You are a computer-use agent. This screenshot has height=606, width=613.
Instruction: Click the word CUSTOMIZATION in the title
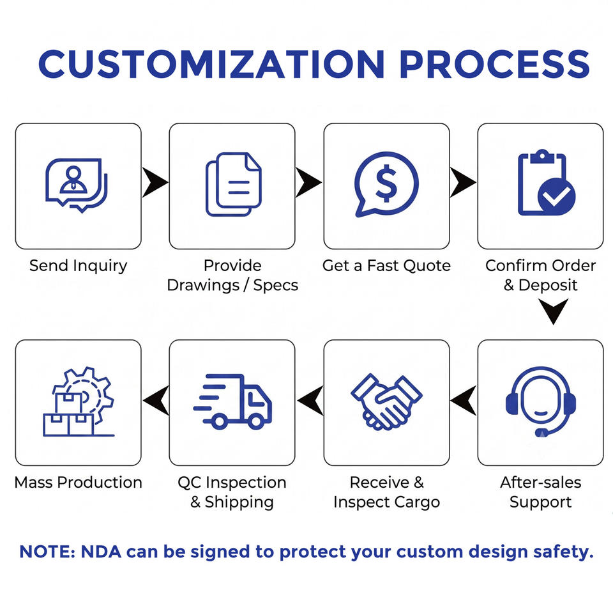pyautogui.click(x=211, y=64)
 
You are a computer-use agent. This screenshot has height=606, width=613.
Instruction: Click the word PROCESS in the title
pyautogui.click(x=494, y=64)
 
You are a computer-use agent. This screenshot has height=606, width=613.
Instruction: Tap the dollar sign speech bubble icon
pyautogui.click(x=386, y=184)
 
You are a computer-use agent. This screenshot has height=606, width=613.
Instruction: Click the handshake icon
pyautogui.click(x=386, y=402)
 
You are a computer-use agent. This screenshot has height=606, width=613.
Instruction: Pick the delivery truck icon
pyautogui.click(x=232, y=400)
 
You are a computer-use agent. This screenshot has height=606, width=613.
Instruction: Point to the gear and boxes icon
pyautogui.click(x=78, y=401)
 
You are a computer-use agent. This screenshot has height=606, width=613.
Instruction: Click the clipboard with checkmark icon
pyautogui.click(x=546, y=182)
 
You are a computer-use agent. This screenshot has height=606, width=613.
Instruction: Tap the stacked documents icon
pyautogui.click(x=234, y=184)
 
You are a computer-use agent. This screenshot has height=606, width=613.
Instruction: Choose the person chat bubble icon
pyautogui.click(x=77, y=185)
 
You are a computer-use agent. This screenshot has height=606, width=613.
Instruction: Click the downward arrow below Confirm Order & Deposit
pyautogui.click(x=553, y=311)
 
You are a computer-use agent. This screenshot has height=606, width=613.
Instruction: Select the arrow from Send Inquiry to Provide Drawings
pyautogui.click(x=155, y=182)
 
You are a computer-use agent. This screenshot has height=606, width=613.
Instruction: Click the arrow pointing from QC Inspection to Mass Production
pyautogui.click(x=156, y=400)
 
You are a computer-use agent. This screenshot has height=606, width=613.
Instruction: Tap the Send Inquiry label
pyautogui.click(x=78, y=266)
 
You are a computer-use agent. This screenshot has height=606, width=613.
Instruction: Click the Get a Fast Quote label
pyautogui.click(x=386, y=266)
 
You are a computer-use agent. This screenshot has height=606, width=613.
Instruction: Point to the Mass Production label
pyautogui.click(x=78, y=482)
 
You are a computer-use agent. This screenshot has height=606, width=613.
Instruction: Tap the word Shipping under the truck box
pyautogui.click(x=239, y=502)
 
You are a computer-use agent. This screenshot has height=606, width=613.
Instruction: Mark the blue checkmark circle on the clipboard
pyautogui.click(x=556, y=196)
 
